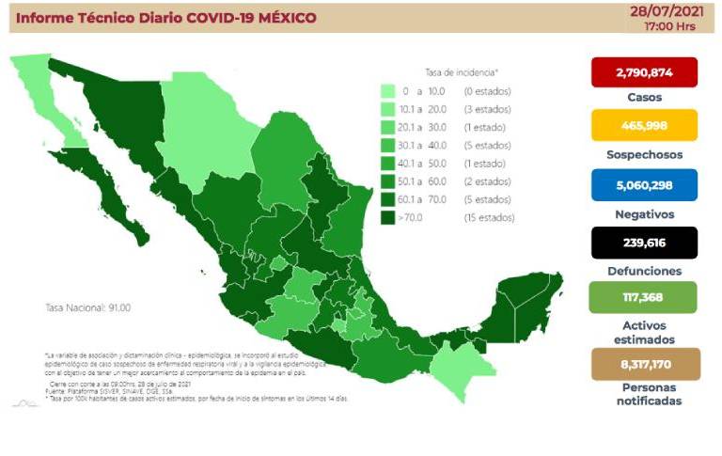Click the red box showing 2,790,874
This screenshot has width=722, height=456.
click(644, 72)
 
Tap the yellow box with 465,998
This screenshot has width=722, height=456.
click(644, 125)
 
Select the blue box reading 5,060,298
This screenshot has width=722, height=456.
click(644, 185)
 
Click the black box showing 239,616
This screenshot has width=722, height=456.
click(644, 243)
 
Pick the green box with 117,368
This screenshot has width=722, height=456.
click(644, 298)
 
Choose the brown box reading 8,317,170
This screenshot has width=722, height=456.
click(644, 363)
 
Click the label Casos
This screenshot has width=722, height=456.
click(644, 97)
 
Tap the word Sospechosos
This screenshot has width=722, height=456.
click(644, 154)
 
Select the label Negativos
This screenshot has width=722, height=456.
click(644, 213)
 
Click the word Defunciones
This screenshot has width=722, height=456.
click(644, 271)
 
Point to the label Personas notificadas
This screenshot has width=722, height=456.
click(644, 394)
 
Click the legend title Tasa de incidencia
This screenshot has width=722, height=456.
click(462, 71)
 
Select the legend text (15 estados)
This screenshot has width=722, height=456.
click(487, 218)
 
